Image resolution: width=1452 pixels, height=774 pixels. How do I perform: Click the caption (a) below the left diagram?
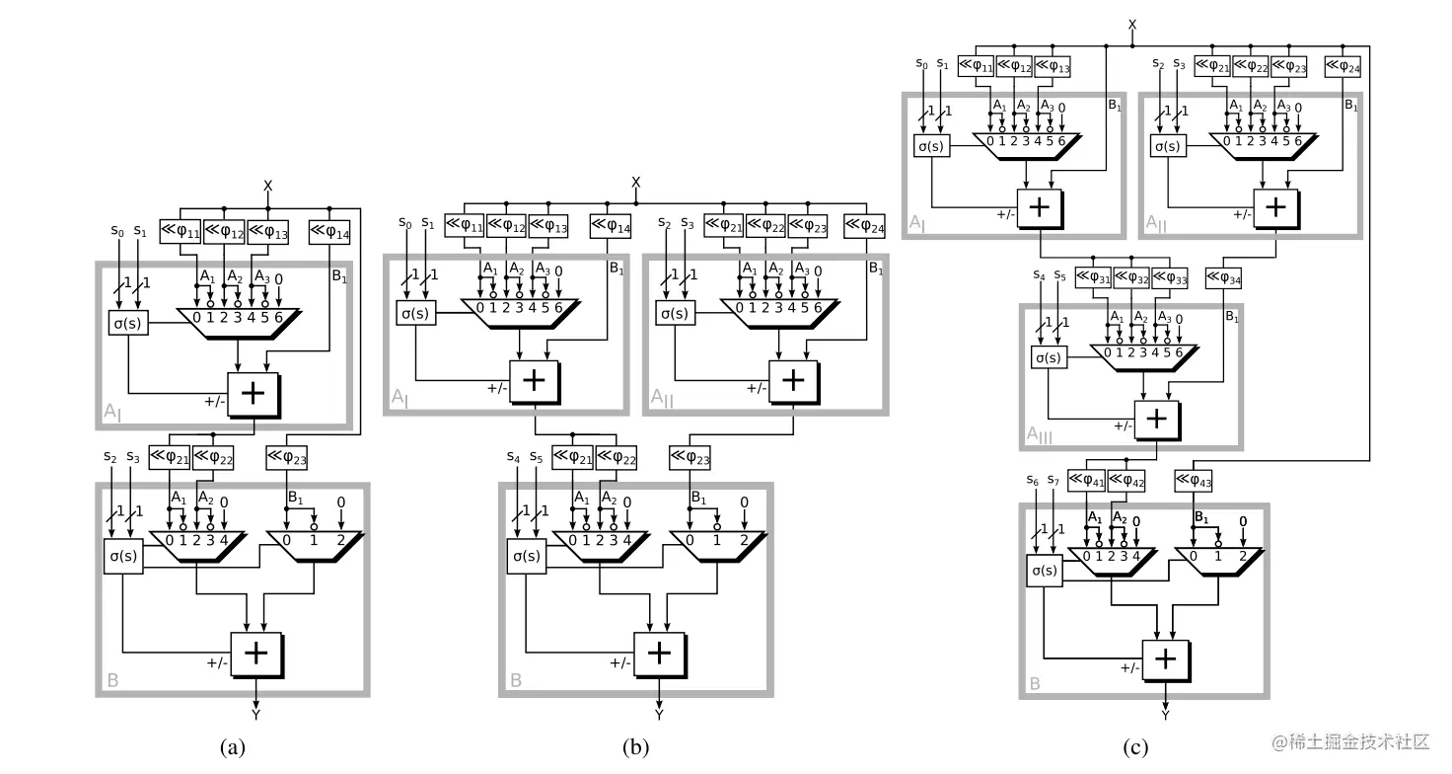pos(233,747)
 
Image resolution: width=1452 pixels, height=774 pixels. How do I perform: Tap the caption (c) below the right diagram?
pos(1135,747)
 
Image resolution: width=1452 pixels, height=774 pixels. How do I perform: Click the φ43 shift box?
pos(1194,480)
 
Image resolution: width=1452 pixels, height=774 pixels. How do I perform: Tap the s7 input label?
pos(1057,481)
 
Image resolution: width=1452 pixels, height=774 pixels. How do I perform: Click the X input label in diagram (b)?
pos(635,182)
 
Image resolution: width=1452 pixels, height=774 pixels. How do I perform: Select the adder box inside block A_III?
pos(1158,419)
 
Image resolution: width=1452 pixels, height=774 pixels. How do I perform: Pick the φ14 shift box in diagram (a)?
pos(329,233)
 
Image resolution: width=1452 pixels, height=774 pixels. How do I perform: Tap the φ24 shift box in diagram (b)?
pos(864,227)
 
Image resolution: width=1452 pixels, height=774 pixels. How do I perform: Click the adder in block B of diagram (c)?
pos(1166,658)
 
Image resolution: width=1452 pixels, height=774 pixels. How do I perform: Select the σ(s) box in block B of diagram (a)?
pos(123,557)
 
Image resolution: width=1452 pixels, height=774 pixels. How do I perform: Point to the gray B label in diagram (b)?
pos(516,680)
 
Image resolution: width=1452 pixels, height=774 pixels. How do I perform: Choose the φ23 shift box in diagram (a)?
pos(286,456)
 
